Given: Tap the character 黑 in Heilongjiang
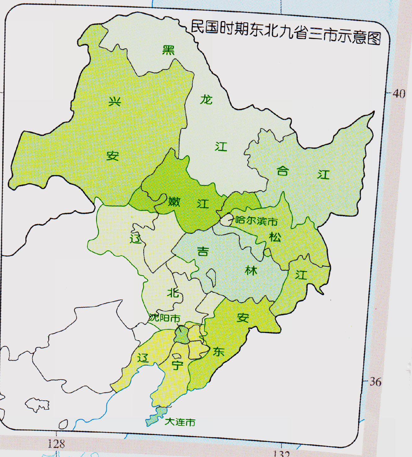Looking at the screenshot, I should point(169,50).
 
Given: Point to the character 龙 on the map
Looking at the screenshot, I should point(206,100).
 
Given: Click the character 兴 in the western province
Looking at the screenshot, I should point(115,101).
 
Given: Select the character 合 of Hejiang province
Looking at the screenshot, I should point(282,171).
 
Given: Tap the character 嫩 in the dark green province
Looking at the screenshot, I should point(174,201).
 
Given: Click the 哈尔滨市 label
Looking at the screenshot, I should point(256,221).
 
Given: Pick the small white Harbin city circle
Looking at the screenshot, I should point(226,220).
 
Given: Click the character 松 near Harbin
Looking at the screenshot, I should point(275,237).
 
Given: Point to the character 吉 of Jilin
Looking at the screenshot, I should point(203,251).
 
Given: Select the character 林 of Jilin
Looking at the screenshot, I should point(251,271).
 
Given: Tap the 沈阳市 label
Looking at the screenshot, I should point(164,318).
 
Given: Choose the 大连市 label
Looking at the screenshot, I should point(180,422).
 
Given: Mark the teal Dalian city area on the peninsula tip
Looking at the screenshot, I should point(156,417).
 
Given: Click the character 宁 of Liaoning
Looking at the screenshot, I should point(177,365).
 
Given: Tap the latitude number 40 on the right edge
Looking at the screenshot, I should point(399,94).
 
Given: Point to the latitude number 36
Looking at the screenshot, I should point(375,382).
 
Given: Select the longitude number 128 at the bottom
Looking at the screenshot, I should point(56,444).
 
